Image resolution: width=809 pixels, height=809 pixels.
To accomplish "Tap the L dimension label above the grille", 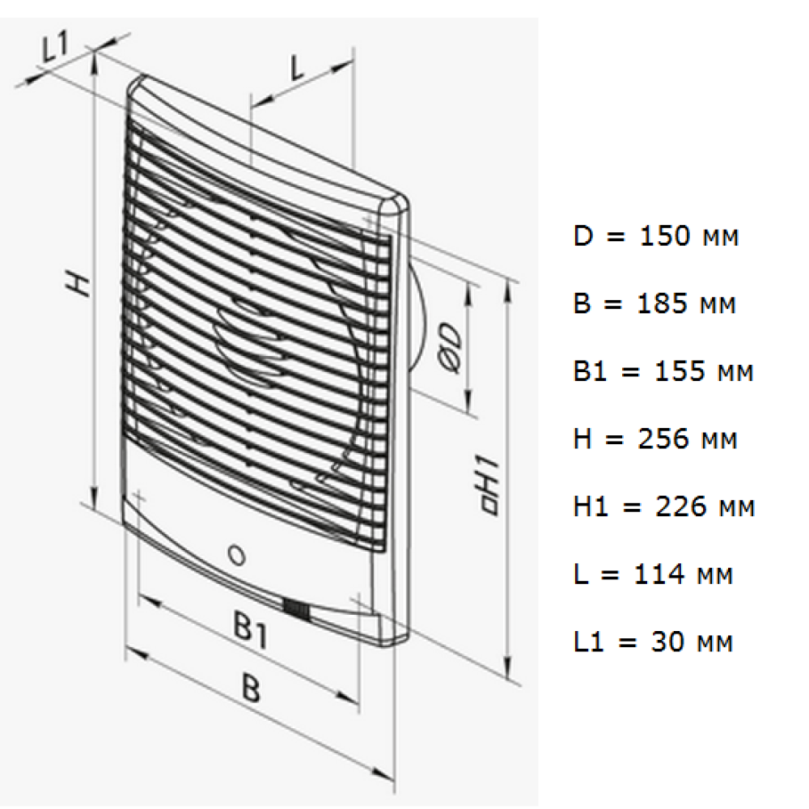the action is coord(298,68).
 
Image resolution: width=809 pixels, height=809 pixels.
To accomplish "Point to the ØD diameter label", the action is coord(450,347).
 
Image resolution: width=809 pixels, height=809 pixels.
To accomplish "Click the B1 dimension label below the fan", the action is coord(251,629).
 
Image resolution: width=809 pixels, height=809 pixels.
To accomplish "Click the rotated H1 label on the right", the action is coord(489,485).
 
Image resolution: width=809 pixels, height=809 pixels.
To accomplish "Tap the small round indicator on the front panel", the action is coord(237,555).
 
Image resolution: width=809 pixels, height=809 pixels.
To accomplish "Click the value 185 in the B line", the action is coord(663,303).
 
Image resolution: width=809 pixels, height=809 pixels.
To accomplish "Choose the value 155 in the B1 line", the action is coord(680,371).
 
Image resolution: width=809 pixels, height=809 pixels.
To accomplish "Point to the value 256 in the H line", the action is coord(663,438).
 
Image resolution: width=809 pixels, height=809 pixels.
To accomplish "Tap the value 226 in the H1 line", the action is coord(680,506).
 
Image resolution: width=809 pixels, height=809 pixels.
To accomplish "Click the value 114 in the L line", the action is coord(659,574).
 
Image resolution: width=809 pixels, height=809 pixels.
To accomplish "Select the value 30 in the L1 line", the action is coord(667,642).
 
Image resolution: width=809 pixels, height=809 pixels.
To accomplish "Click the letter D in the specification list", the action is coord(583,235).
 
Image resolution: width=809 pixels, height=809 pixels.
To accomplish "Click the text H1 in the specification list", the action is coord(589,506).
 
